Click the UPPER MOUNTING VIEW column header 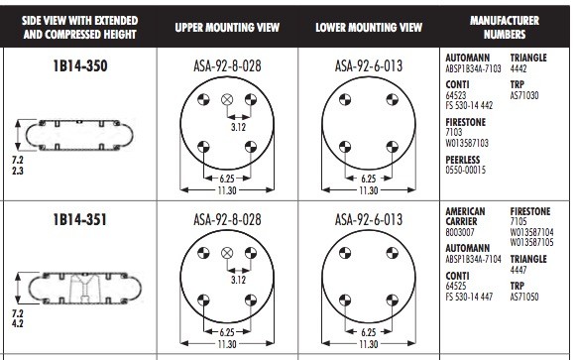coord(227,27)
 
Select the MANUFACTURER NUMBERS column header coord(505,27)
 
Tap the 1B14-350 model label coord(80,66)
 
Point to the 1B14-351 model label coord(80,220)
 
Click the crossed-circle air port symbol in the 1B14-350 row coord(227,99)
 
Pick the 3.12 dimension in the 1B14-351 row coord(238,280)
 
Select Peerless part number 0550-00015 coord(465,170)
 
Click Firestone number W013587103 coord(467,143)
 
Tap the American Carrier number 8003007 coord(460,232)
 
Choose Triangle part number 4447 coord(518,270)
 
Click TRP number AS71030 coord(524,95)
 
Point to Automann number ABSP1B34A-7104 coord(473,259)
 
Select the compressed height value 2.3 coord(17,171)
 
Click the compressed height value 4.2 coord(17,323)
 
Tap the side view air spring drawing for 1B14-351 coord(84,289)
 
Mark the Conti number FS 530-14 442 coord(469,106)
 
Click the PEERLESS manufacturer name coord(462,160)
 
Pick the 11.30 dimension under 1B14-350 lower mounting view coord(368,190)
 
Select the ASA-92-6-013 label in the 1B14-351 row coord(369,220)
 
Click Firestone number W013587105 coord(531,243)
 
